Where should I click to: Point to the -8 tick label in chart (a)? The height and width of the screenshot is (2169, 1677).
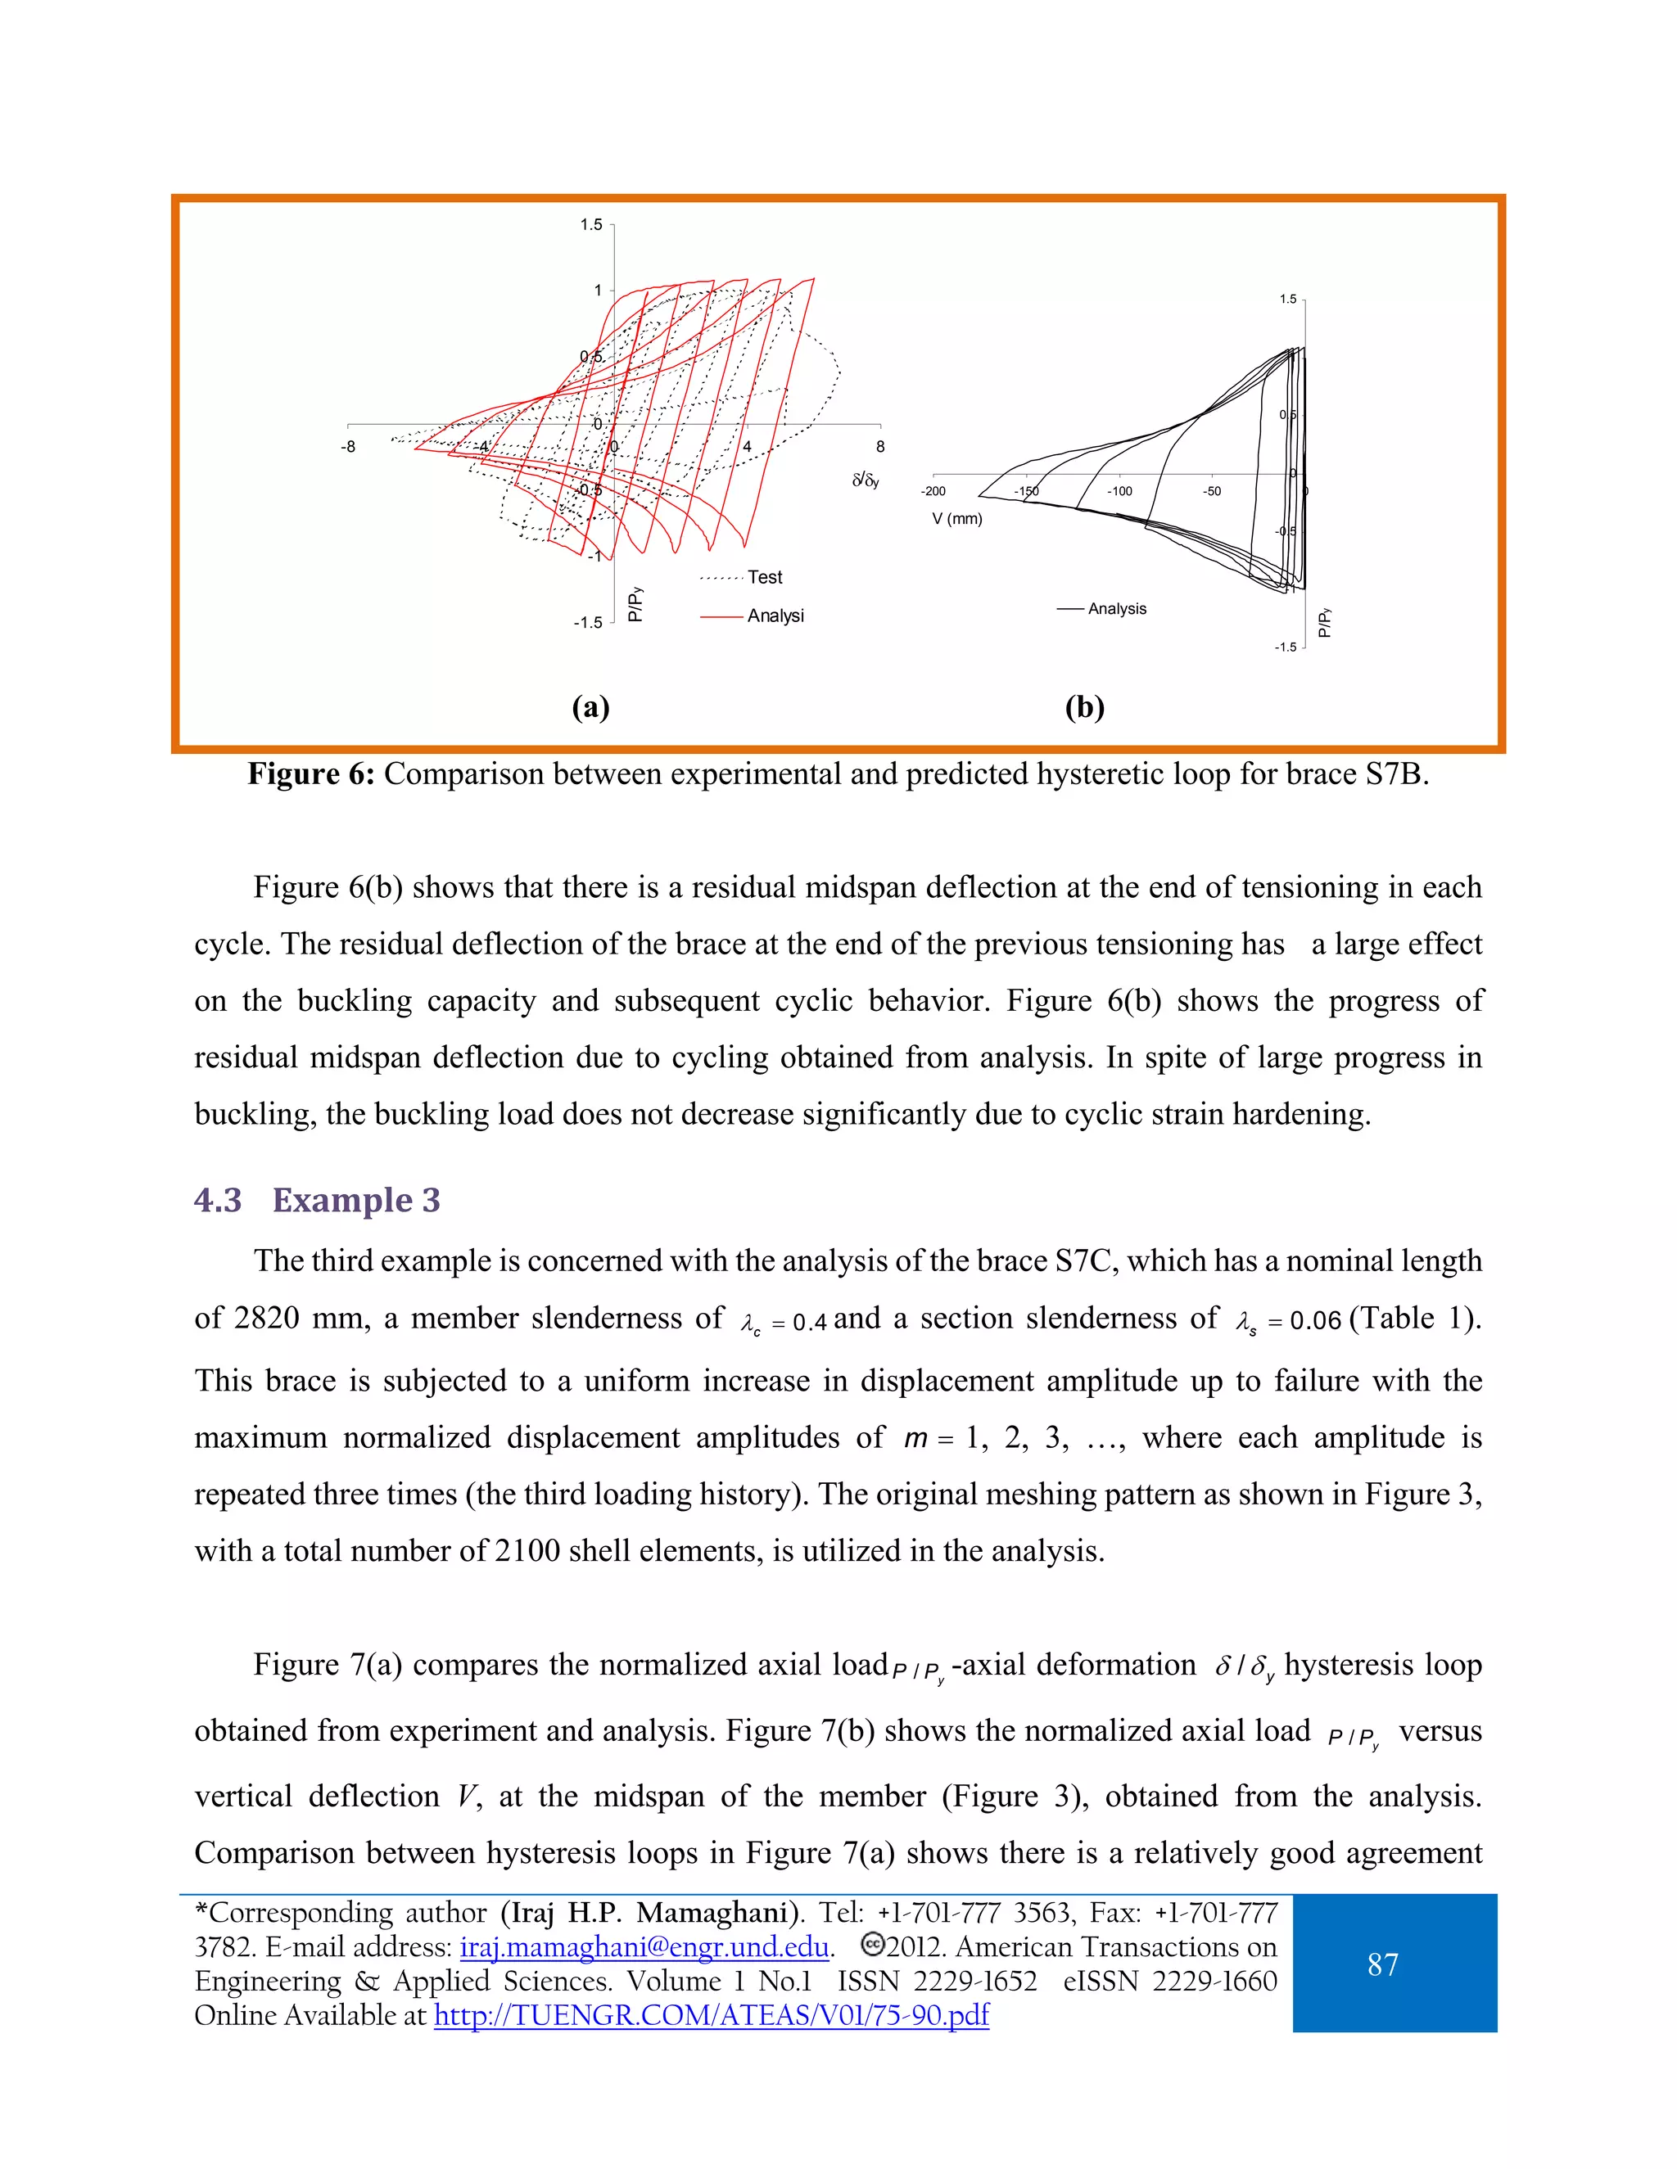[x=348, y=447]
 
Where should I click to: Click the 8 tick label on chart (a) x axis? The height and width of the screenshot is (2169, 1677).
[x=880, y=447]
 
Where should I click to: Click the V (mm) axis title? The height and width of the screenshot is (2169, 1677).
[x=956, y=518]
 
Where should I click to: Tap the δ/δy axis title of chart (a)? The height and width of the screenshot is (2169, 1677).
[x=866, y=480]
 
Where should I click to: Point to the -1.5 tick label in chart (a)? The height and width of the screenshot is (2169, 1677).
[x=587, y=623]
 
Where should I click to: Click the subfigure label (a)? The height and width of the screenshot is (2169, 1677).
[x=590, y=707]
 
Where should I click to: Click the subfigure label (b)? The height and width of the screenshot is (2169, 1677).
[x=1084, y=707]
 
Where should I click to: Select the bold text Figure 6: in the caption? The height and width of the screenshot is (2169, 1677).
[x=311, y=773]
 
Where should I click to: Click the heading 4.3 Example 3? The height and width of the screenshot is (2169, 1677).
[x=317, y=1200]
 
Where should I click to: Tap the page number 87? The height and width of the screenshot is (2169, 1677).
[x=1382, y=1964]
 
